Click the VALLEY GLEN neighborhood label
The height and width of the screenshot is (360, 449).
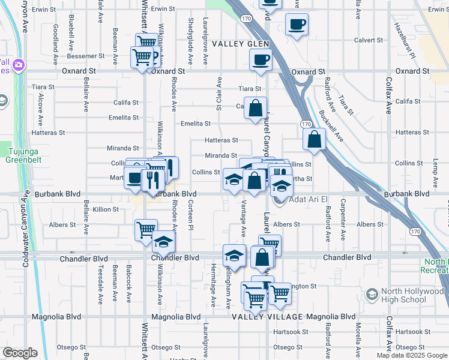coord(239,44)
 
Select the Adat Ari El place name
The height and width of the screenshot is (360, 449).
coord(308,200)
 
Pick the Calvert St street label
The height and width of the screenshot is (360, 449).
coord(368,40)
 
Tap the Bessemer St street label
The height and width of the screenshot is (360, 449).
coord(86,56)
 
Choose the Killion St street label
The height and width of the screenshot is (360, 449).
coord(106,209)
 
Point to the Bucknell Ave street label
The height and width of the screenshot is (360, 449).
coord(331,125)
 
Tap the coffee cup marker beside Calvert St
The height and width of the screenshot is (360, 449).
coord(297,25)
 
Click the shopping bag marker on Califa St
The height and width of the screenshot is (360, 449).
coord(256,108)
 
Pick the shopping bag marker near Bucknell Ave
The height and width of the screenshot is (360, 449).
coord(315,140)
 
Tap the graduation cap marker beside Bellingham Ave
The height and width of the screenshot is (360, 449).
coord(234,256)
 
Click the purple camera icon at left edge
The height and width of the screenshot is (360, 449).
coord(19,64)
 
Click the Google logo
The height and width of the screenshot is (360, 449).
coord(20,353)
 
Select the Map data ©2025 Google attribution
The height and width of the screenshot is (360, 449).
coord(411,355)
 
